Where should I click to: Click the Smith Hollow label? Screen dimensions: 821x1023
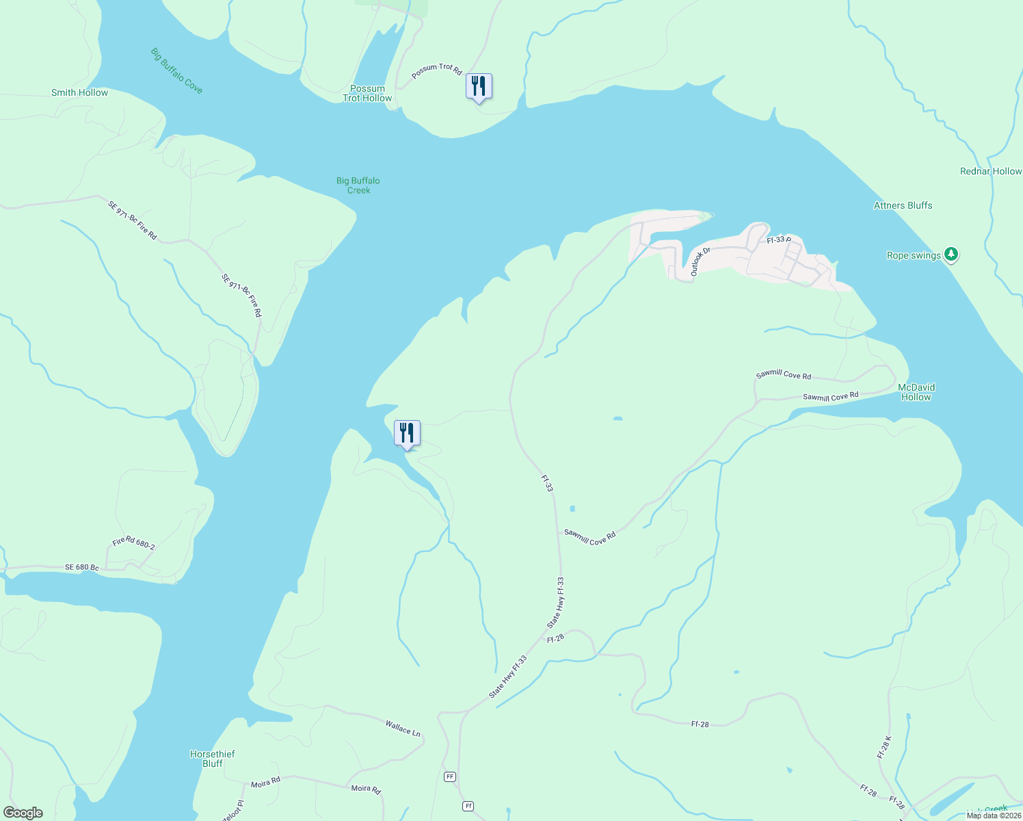coord(79,92)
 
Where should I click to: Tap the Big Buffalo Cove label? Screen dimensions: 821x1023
coord(176,70)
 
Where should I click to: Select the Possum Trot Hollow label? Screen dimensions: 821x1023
coord(367,93)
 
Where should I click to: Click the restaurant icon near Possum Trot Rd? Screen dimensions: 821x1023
coord(479,86)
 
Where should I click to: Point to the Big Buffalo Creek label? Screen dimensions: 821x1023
coord(358,185)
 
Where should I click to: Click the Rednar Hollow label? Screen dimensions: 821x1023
coord(990,171)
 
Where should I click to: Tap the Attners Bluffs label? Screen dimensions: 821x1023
coord(903,205)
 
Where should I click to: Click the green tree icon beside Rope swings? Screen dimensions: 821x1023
coord(951,255)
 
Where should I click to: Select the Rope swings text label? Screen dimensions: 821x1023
coord(914,256)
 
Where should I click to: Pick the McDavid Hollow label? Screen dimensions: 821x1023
coord(916,392)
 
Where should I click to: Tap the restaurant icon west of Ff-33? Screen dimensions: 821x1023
coord(407,433)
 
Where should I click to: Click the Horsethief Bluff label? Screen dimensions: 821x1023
coord(212,759)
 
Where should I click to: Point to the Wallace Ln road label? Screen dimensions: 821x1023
coord(403,728)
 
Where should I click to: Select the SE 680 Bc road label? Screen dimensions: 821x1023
coord(82,568)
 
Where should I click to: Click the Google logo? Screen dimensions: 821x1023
coord(23,813)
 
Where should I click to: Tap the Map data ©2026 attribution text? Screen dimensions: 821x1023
coord(993,816)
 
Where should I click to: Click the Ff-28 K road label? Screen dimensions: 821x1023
coord(884,747)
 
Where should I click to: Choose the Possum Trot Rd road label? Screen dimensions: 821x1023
coord(437,70)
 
